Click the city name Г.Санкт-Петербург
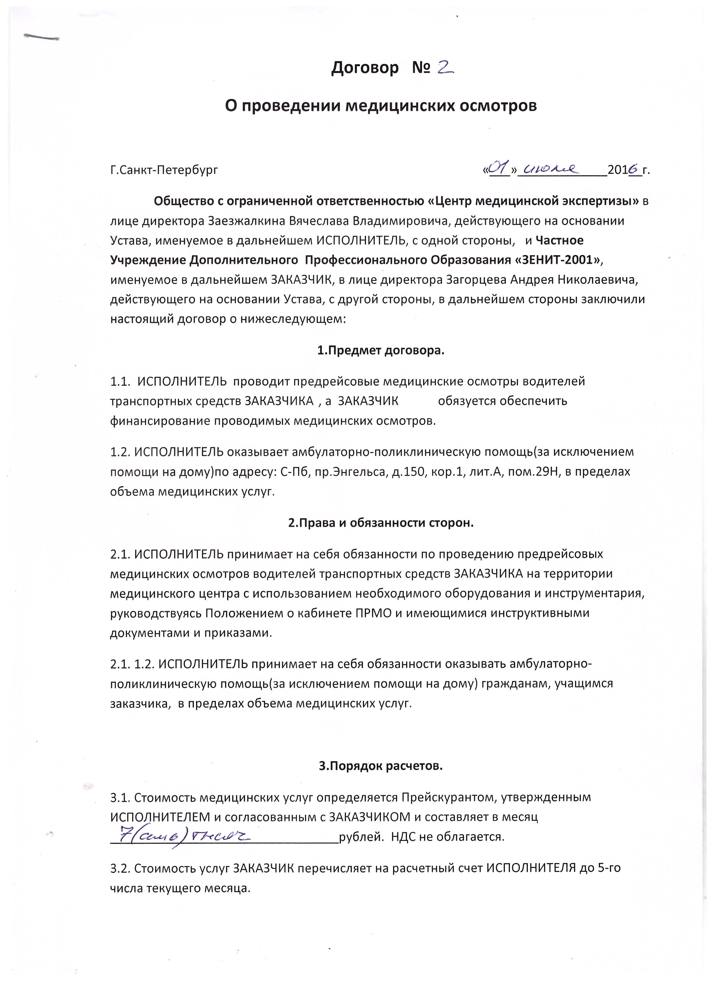point(164,170)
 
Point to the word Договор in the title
point(365,68)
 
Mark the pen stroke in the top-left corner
point(41,37)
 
